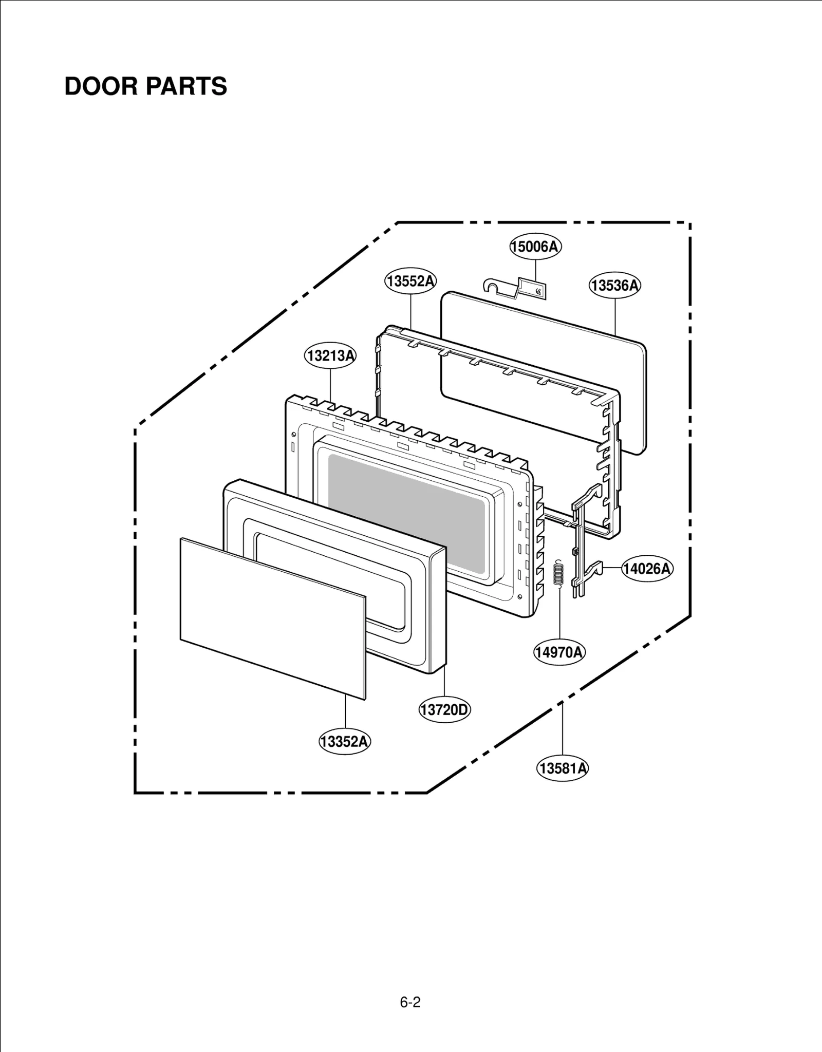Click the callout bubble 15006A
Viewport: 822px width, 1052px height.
535,247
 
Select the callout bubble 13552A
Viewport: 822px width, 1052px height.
410,281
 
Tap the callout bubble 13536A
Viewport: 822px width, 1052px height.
614,285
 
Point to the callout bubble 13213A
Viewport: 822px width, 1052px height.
330,355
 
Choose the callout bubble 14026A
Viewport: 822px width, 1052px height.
647,569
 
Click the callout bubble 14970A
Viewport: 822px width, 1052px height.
559,652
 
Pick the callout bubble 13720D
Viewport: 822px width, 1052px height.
444,710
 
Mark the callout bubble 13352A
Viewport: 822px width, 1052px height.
345,742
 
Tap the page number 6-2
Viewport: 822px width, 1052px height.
410,1002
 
